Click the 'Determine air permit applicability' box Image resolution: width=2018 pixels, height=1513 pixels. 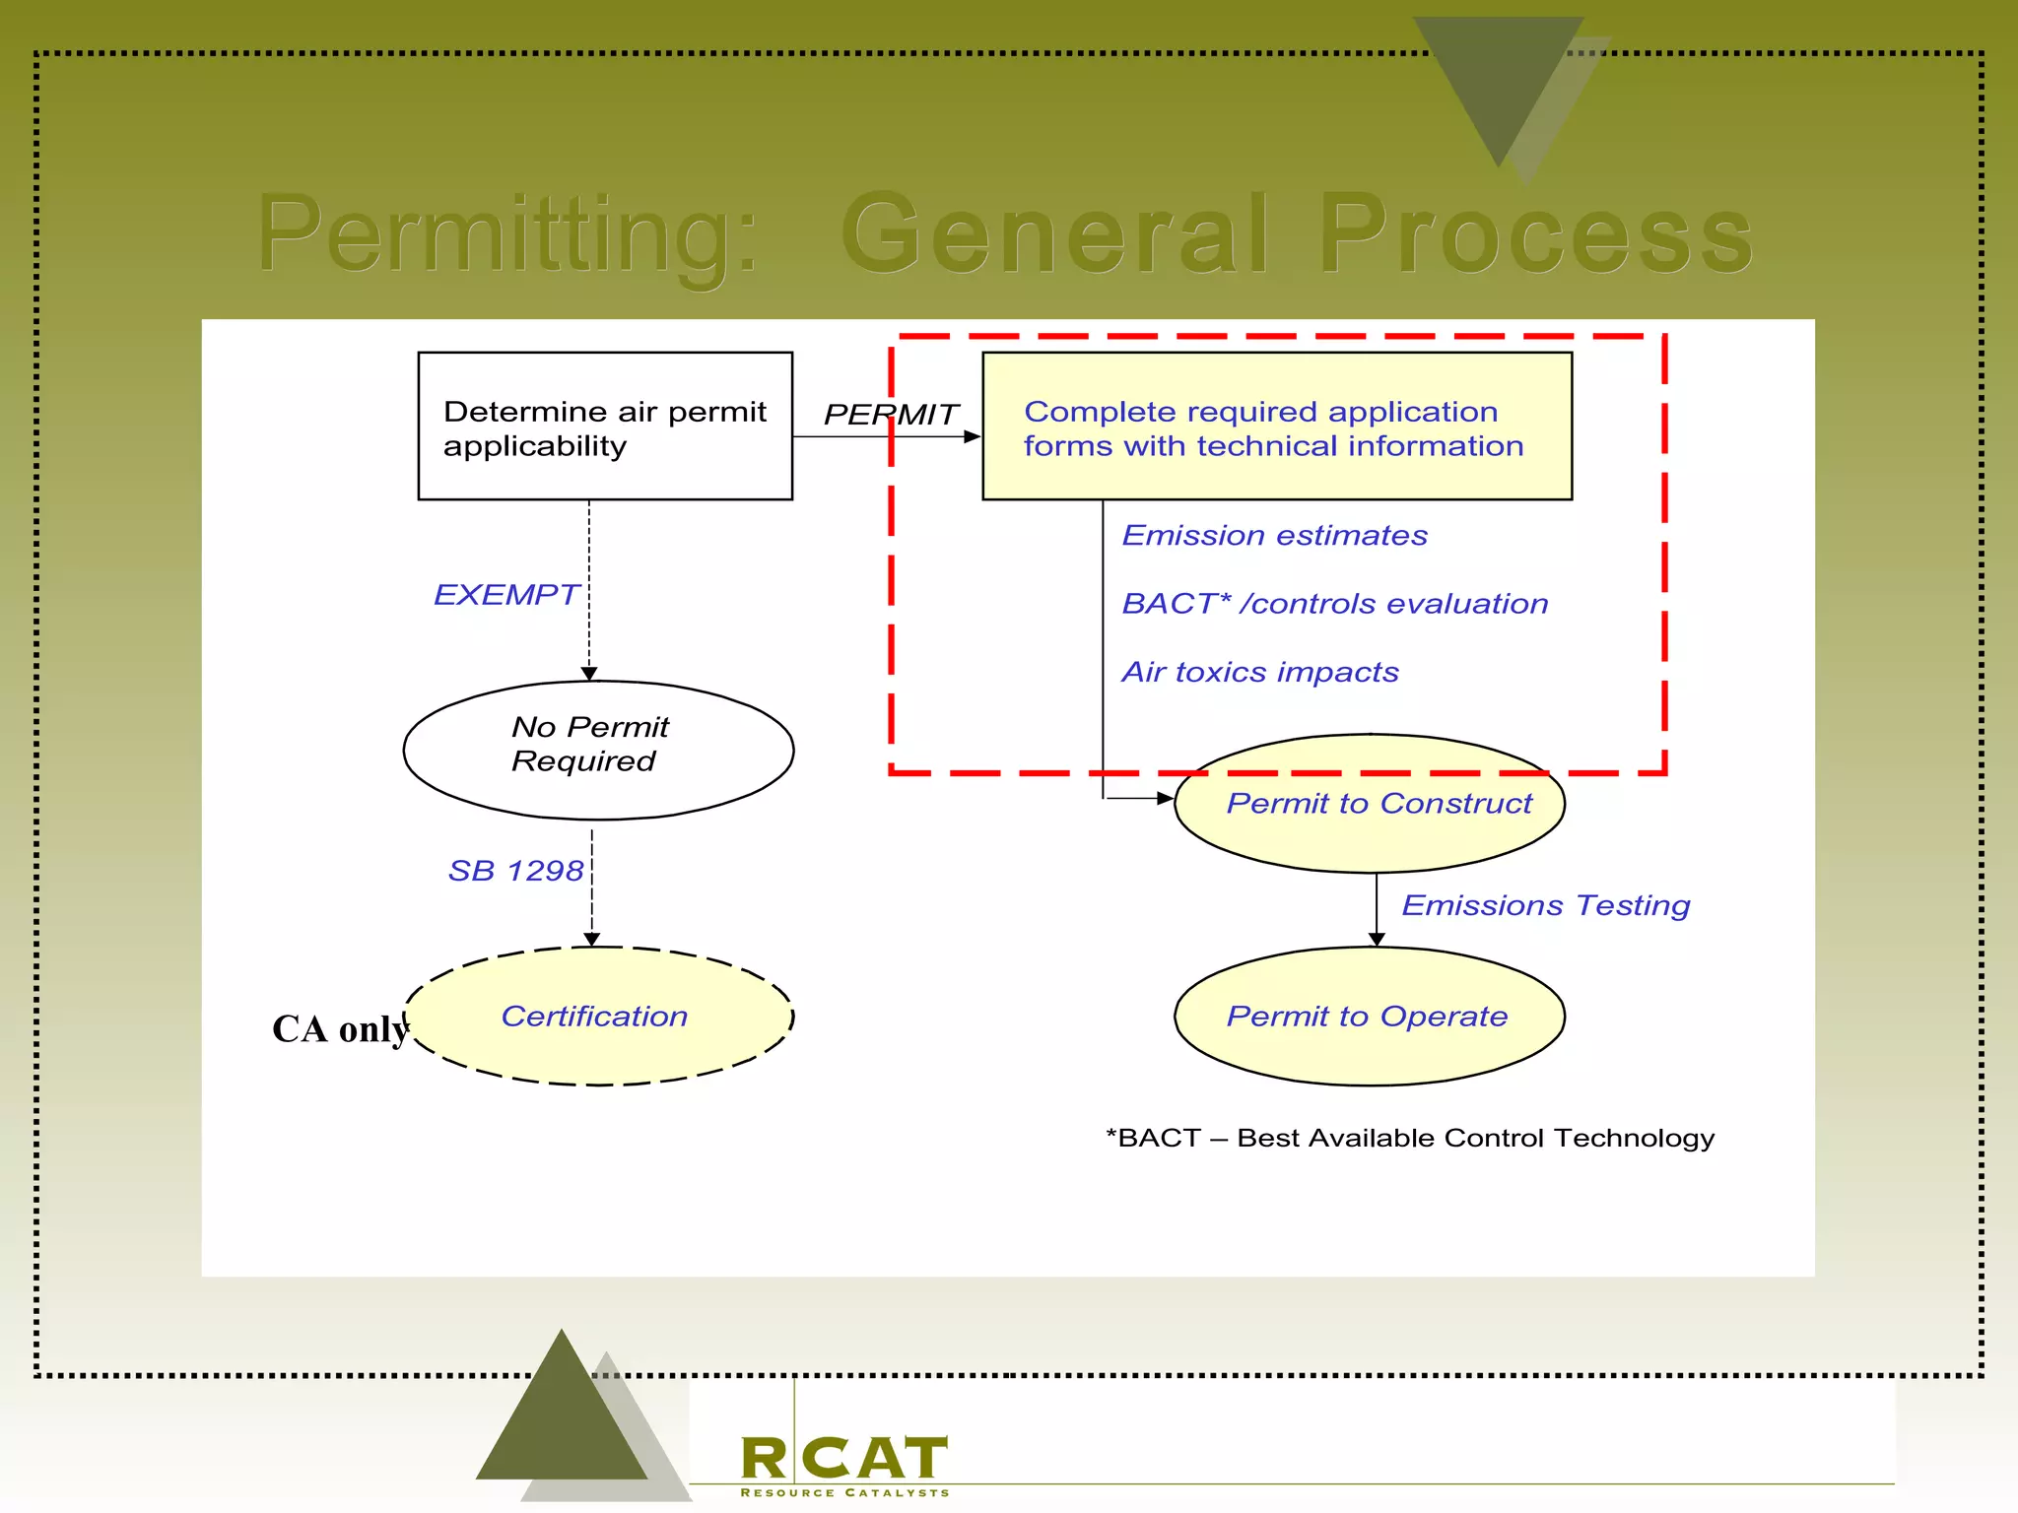coord(605,427)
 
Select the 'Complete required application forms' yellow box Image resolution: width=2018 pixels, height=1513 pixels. coord(1276,427)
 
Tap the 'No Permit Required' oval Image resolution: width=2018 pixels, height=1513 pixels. coord(598,750)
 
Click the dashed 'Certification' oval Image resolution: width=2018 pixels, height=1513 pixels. coord(598,1017)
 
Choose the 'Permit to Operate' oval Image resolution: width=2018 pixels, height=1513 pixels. coord(1370,1017)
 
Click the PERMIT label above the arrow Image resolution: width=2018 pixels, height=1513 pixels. coord(890,415)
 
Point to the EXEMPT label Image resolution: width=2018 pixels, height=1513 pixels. coord(506,595)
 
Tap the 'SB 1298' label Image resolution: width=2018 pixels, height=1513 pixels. coord(515,871)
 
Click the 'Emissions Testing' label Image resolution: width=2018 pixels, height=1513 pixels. coord(1545,905)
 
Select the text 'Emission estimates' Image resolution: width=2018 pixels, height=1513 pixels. coord(1274,536)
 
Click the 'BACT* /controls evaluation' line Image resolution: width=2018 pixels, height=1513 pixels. coord(1334,604)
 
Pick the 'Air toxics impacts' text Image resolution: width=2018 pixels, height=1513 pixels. coord(1259,672)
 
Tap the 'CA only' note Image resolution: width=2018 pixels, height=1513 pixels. coord(340,1029)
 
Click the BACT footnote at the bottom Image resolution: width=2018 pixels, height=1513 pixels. coord(1409,1139)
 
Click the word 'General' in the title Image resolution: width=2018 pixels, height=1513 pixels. coord(1054,235)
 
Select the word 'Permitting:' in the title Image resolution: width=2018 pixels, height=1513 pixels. coord(507,235)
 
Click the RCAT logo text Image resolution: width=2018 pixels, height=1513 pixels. coord(844,1459)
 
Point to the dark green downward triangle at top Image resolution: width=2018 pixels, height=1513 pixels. coord(1496,79)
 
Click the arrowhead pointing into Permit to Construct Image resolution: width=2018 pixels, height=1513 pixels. coord(1165,798)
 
